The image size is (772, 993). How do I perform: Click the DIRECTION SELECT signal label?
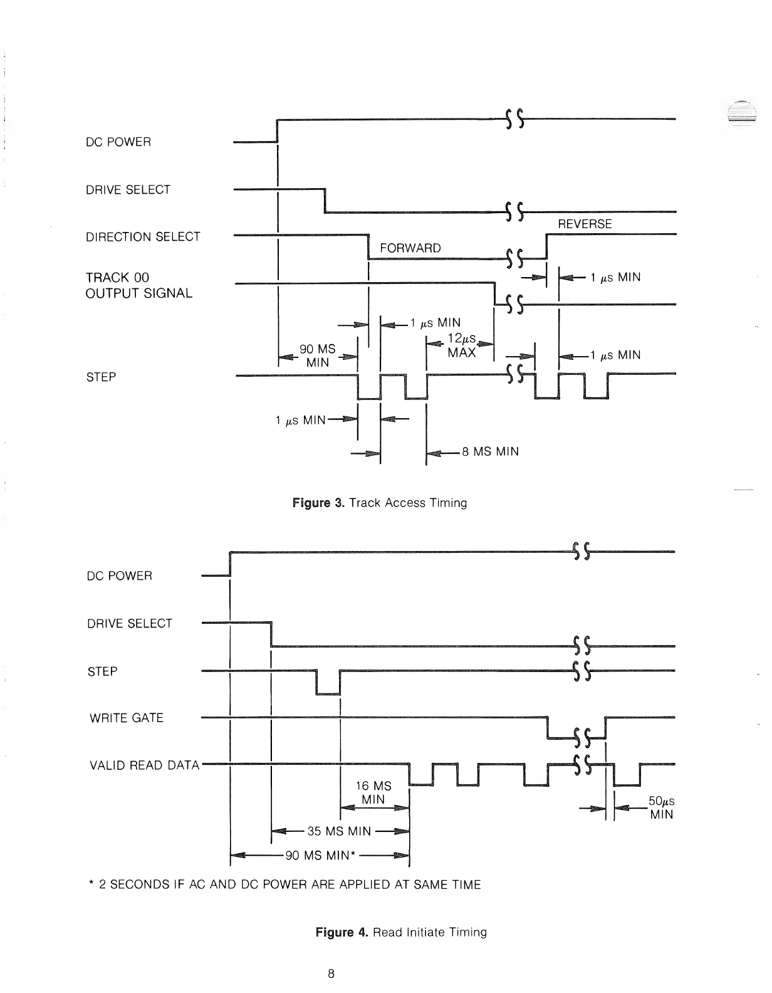click(x=143, y=237)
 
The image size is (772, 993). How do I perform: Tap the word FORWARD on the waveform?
click(x=410, y=248)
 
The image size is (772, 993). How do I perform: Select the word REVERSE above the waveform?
click(x=584, y=224)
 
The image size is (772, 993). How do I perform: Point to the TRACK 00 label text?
click(x=117, y=277)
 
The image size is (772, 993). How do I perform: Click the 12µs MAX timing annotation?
click(x=461, y=346)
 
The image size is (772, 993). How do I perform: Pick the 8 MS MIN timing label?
click(x=490, y=451)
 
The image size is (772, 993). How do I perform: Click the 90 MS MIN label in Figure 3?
click(x=318, y=356)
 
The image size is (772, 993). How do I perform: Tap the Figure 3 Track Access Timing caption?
click(x=380, y=503)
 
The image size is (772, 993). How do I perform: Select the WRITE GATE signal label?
click(x=126, y=718)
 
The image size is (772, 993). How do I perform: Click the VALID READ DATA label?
click(x=144, y=765)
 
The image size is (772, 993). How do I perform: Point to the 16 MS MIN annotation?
click(x=373, y=793)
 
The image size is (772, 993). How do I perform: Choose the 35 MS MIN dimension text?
click(x=339, y=832)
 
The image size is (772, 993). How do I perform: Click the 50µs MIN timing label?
click(x=660, y=808)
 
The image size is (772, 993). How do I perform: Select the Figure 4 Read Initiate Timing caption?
click(x=401, y=932)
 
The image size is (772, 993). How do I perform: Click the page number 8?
click(x=331, y=974)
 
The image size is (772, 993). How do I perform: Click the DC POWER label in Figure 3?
click(x=118, y=142)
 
